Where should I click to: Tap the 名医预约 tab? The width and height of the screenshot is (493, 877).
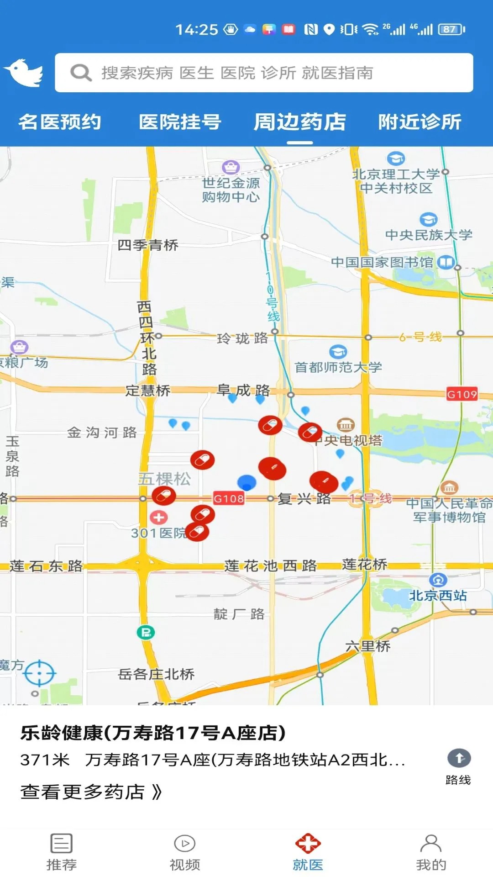coord(60,122)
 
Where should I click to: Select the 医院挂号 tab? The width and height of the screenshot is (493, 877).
coord(180,122)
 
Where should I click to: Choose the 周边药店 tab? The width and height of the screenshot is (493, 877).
coord(300,122)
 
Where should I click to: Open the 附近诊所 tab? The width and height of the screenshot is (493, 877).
coord(420,122)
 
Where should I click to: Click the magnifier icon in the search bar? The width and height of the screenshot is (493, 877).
coord(81,73)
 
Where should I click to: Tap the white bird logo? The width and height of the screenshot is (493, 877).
coord(24,73)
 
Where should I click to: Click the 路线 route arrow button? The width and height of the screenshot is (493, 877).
coord(459,759)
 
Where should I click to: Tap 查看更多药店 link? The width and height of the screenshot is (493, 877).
coord(91,792)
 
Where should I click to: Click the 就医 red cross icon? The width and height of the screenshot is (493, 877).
coord(308,844)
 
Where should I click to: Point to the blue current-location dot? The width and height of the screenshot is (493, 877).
coord(247,482)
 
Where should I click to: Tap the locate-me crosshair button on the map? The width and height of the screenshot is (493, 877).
coord(40,673)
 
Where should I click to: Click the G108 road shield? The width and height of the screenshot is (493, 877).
coord(229,498)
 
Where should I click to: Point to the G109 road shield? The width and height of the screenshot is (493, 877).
coord(462,394)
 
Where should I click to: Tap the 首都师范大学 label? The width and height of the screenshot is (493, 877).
coord(338,367)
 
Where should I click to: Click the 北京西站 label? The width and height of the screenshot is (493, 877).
coord(438,595)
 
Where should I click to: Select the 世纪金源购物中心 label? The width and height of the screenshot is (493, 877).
coord(231,190)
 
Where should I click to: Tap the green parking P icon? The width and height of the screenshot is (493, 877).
coord(146,633)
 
